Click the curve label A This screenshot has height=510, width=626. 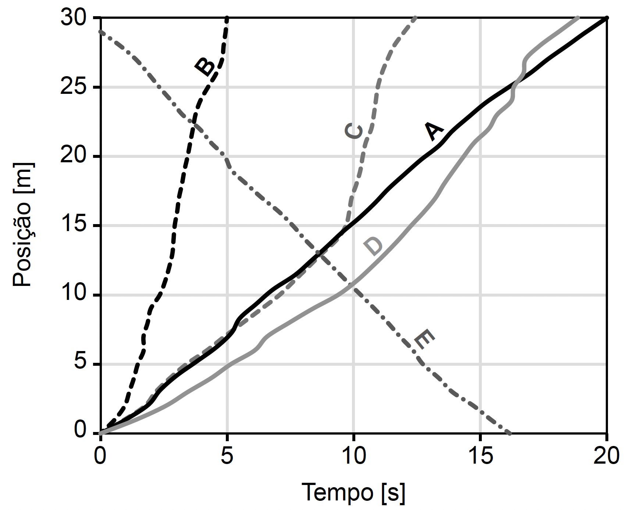tap(434, 131)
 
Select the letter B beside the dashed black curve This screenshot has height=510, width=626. tap(205, 67)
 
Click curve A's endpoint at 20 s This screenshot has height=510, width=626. tap(607, 18)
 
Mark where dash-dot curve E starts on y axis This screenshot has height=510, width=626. tap(100, 32)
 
